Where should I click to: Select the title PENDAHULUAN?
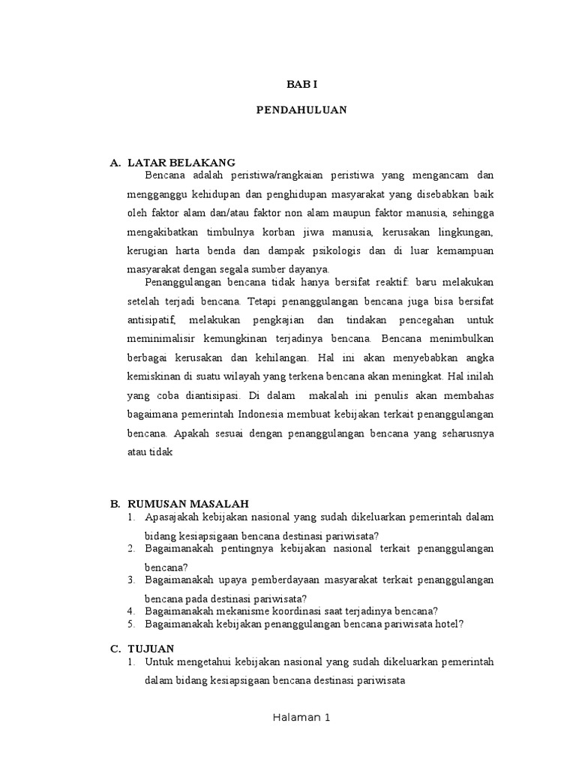(301, 109)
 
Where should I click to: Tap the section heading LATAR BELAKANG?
(181, 162)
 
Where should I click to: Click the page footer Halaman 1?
(301, 718)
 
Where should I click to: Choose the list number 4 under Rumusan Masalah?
(130, 610)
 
